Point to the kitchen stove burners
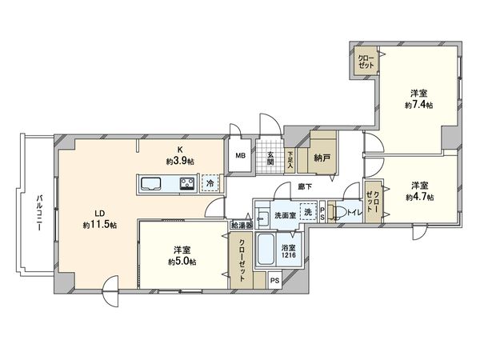187,184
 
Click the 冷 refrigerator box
209,183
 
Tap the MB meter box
239,156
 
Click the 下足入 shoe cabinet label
290,158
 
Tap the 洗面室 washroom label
283,215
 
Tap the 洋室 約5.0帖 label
182,255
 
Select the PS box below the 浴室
275,280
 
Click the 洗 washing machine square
307,214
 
